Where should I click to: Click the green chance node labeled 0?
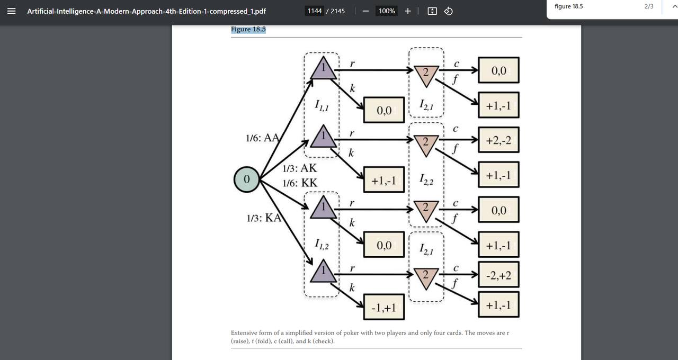pyautogui.click(x=246, y=179)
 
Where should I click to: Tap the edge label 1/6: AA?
pyautogui.click(x=262, y=138)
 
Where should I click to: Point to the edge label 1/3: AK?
pyautogui.click(x=299, y=168)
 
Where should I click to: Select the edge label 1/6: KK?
pyautogui.click(x=300, y=183)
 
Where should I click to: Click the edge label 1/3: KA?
pyautogui.click(x=264, y=218)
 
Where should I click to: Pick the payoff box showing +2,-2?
pyautogui.click(x=498, y=140)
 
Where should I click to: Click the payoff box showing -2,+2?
pyautogui.click(x=498, y=275)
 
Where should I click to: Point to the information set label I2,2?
pyautogui.click(x=426, y=180)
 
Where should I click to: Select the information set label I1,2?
pyautogui.click(x=322, y=245)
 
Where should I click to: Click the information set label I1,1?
pyautogui.click(x=322, y=106)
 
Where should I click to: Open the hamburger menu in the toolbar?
pyautogui.click(x=12, y=11)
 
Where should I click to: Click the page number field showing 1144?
pyautogui.click(x=315, y=11)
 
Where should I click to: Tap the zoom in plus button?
pyautogui.click(x=407, y=11)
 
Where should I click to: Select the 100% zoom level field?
pyautogui.click(x=387, y=11)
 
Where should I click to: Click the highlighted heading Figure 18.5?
pyautogui.click(x=248, y=29)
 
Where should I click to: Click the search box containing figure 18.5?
pyautogui.click(x=593, y=6)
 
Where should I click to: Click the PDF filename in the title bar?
pyautogui.click(x=147, y=11)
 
